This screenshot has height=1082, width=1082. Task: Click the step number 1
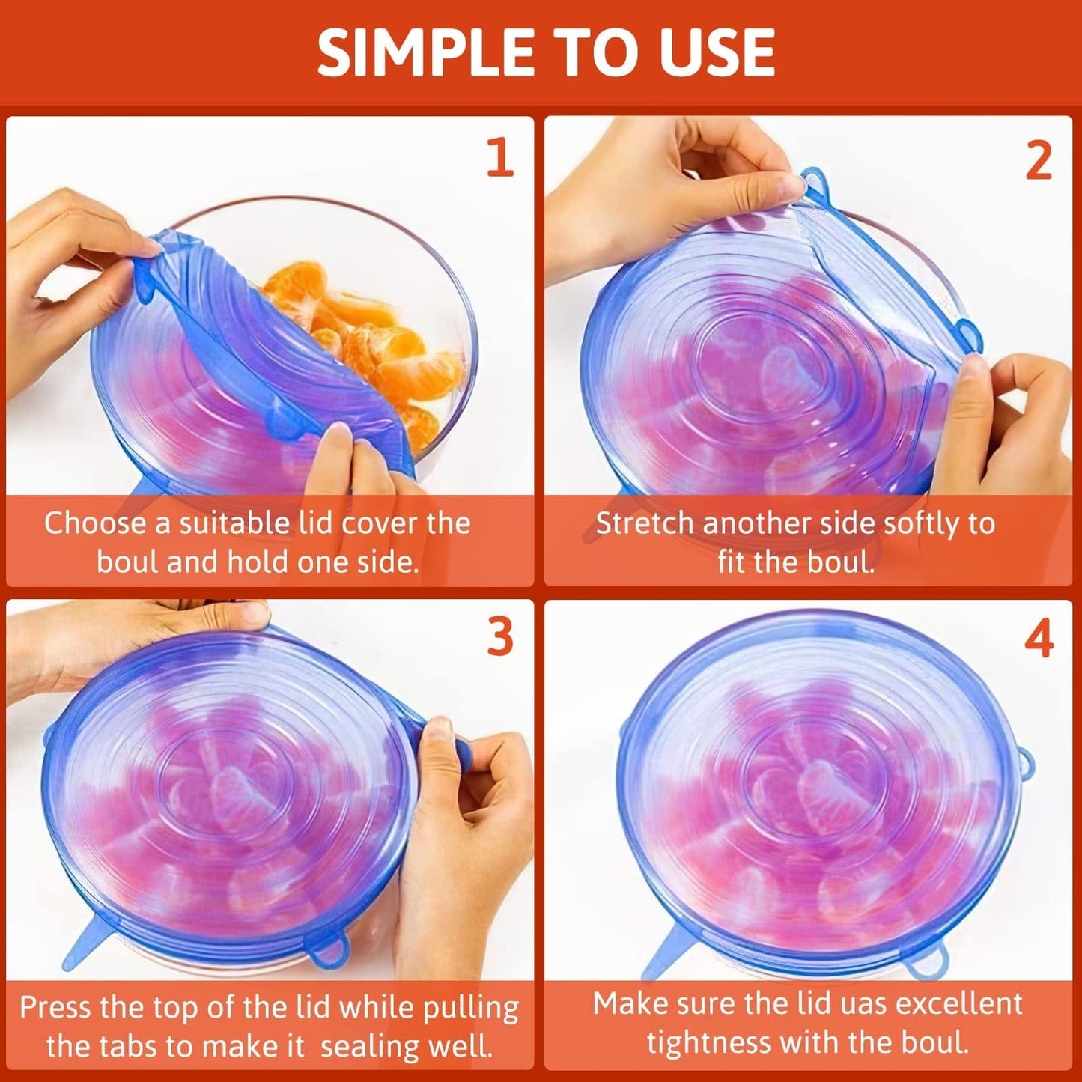pyautogui.click(x=500, y=158)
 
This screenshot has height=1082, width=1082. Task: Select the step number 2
pyautogui.click(x=1039, y=160)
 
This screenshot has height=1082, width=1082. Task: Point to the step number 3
pyautogui.click(x=500, y=637)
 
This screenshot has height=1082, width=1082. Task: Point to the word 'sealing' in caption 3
pyautogui.click(x=368, y=1046)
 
